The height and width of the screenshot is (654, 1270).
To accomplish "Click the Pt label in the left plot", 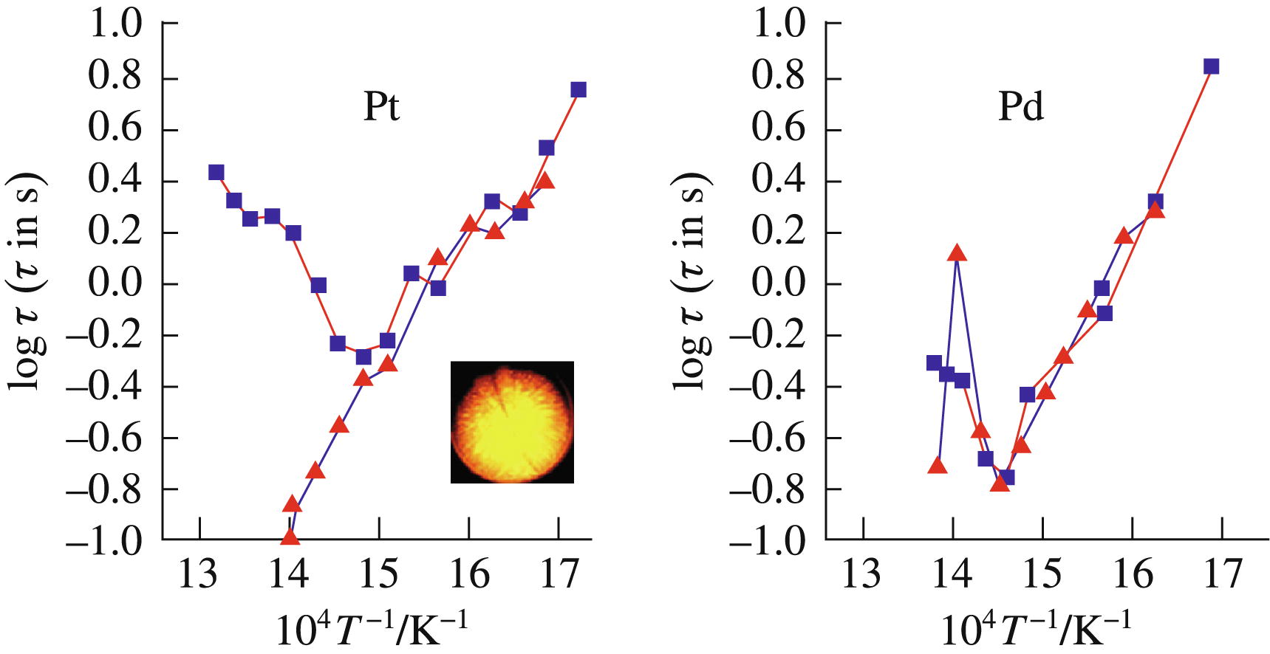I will [x=381, y=107].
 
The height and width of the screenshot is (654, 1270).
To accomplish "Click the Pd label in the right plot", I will [x=1020, y=107].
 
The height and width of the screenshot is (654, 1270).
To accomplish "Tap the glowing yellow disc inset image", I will [x=512, y=422].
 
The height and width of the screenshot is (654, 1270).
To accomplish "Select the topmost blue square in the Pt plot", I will [x=578, y=90].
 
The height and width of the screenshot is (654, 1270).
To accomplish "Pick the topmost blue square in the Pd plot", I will [x=1210, y=66].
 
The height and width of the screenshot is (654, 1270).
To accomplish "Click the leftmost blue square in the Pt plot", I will [x=216, y=173].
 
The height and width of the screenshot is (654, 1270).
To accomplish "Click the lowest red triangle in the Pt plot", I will [x=290, y=537].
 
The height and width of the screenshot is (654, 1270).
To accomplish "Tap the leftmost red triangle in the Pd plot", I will [x=938, y=465].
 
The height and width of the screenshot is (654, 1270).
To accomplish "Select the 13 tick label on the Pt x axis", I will [x=198, y=574].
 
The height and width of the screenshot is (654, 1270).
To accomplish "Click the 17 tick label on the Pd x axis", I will [x=1222, y=574].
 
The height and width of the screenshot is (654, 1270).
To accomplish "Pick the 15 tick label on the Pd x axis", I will [x=1042, y=574].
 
